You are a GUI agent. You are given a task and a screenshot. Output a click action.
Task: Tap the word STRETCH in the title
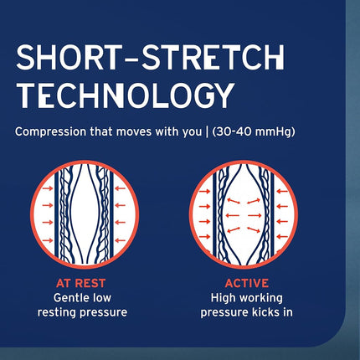[213, 57]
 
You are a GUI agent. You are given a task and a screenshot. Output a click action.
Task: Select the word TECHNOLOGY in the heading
[125, 95]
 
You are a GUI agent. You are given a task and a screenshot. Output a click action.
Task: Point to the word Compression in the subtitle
[50, 132]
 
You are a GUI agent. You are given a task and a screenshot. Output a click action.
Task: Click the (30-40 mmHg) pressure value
[254, 132]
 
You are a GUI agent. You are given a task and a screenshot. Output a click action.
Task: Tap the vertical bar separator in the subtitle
[207, 132]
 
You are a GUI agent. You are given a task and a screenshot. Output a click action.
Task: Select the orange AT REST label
[80, 283]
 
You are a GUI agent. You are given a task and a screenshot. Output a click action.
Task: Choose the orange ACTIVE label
[247, 283]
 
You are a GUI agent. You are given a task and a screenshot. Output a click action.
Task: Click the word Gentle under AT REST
[69, 298]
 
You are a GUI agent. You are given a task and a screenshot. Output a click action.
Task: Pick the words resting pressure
[82, 312]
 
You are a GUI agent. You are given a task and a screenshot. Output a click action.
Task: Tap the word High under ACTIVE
[221, 298]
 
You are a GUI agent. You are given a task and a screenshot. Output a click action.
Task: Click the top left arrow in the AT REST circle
[48, 188]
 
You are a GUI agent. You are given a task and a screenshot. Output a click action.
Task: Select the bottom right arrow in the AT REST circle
[121, 240]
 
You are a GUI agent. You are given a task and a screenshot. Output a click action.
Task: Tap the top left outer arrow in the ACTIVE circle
[205, 192]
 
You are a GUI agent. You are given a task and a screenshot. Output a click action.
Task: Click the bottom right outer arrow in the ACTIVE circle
[282, 236]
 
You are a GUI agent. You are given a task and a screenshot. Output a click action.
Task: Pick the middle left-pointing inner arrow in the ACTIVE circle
[233, 215]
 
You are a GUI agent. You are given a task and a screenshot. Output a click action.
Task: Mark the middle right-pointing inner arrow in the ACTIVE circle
[255, 215]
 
